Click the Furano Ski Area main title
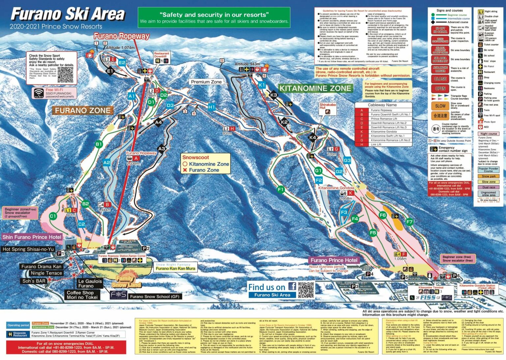click(x=68, y=14)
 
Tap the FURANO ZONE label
click(x=83, y=111)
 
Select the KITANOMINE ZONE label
click(x=315, y=88)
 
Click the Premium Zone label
click(x=206, y=82)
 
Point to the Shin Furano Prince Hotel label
click(x=32, y=237)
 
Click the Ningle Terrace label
click(x=46, y=273)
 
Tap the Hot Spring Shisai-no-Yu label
click(x=28, y=249)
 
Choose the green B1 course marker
click(x=99, y=144)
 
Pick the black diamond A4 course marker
click(x=158, y=122)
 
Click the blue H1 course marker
click(x=211, y=107)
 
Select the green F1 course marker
click(x=281, y=189)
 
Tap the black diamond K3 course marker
click(x=274, y=95)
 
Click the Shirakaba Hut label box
click(x=327, y=108)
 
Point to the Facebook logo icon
click(x=292, y=286)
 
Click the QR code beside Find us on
click(x=306, y=290)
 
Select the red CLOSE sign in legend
click(x=440, y=79)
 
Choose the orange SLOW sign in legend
click(x=440, y=106)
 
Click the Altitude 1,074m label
click(x=120, y=47)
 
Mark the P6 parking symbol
click(x=456, y=276)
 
